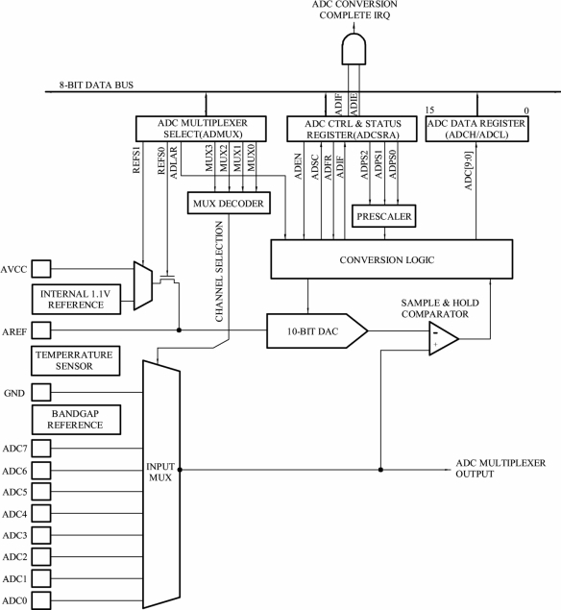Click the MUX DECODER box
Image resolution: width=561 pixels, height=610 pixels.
click(229, 203)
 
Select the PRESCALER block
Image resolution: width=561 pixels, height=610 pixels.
click(383, 216)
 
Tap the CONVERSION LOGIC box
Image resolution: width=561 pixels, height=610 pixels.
click(391, 259)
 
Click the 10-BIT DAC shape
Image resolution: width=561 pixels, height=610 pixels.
click(317, 331)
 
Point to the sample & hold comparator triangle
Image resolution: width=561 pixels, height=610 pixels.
click(443, 338)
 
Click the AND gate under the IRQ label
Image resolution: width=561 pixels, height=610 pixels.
click(354, 49)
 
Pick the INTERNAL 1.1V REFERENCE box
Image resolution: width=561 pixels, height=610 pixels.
click(76, 299)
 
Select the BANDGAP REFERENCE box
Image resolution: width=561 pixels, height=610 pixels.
click(76, 420)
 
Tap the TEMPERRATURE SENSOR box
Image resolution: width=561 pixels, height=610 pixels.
click(76, 360)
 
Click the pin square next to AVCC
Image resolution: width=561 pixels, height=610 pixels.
click(41, 269)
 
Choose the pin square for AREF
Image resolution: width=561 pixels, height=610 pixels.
click(41, 330)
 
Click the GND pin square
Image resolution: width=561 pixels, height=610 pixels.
click(41, 392)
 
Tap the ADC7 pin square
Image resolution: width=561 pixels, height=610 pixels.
click(41, 449)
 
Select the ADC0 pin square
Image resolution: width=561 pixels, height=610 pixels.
click(41, 600)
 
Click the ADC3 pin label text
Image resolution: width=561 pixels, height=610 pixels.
click(14, 536)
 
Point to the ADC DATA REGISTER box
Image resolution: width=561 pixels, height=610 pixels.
click(477, 129)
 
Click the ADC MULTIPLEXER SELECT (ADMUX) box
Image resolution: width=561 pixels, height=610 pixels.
click(201, 129)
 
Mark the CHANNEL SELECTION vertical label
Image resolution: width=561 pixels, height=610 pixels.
click(219, 272)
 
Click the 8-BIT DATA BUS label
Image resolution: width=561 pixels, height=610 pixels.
click(96, 85)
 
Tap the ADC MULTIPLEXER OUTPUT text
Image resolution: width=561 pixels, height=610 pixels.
click(500, 469)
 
